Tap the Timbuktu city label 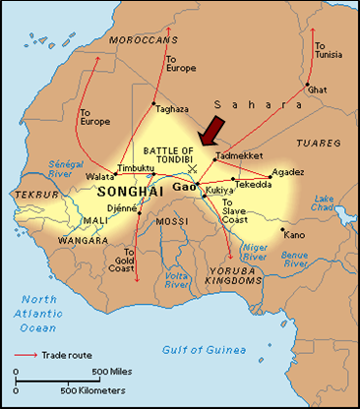[137, 168]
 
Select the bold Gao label [184, 186]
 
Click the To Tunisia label [328, 50]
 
